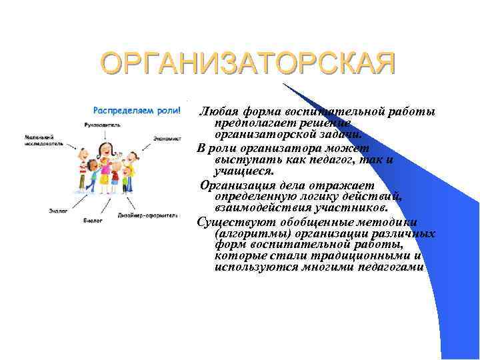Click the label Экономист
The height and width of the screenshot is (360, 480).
pyautogui.click(x=166, y=138)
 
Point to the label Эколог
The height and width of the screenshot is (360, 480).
pyautogui.click(x=58, y=211)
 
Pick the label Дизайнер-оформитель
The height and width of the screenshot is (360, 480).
pyautogui.click(x=147, y=215)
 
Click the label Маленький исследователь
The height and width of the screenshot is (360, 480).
pyautogui.click(x=44, y=140)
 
